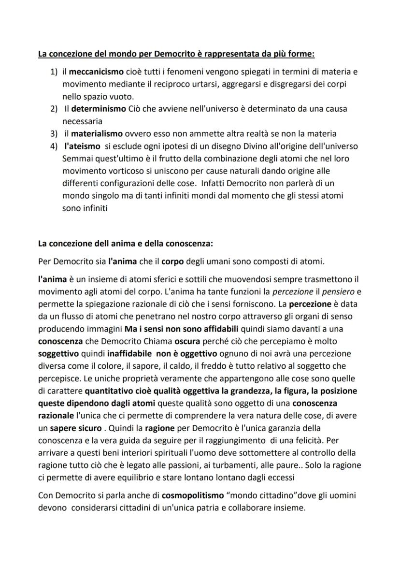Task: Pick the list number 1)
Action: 54,72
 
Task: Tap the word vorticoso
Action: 126,171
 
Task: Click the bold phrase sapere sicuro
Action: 77,428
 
